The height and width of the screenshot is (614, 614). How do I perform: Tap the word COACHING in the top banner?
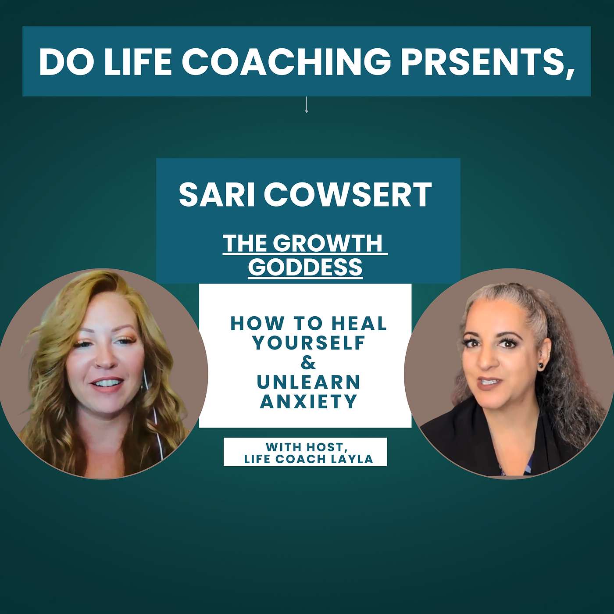(286, 61)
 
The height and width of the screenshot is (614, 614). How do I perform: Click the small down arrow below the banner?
(307, 105)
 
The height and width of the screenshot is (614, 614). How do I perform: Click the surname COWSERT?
(348, 195)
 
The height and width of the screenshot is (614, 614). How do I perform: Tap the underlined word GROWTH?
(330, 243)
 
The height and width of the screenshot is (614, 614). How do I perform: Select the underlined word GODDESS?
(305, 267)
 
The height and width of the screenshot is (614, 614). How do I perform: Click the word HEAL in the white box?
(359, 324)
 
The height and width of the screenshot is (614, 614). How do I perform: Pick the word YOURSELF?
(309, 343)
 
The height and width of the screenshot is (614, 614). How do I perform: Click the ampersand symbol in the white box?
(308, 363)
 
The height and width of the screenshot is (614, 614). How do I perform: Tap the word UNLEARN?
(309, 382)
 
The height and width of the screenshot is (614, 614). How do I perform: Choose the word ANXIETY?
(309, 401)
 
